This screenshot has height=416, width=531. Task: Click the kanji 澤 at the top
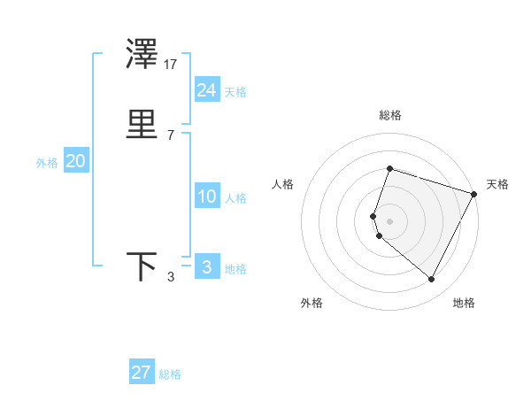[x=142, y=55]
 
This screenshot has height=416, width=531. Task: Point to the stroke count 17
[x=172, y=65]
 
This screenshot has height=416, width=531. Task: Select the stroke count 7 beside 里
[x=170, y=135]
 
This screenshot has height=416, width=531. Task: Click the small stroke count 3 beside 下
[x=170, y=277]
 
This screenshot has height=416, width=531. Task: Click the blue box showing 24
[x=206, y=90]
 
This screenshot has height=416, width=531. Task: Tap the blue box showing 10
[x=206, y=196]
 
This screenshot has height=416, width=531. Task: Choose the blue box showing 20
[x=75, y=161]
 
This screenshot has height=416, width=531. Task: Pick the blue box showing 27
[x=141, y=372]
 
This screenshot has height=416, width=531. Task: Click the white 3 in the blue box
[x=206, y=266]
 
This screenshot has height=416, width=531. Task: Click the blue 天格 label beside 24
[x=235, y=92]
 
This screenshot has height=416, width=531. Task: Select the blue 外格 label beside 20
[x=47, y=163]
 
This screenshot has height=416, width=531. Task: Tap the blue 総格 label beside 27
[x=170, y=374]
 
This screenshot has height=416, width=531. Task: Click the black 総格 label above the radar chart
[x=389, y=116]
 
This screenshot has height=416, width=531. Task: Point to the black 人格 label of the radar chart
[x=283, y=184]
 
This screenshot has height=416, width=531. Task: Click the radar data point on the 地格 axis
[x=432, y=280]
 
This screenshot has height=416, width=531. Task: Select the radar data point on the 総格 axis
[x=389, y=169]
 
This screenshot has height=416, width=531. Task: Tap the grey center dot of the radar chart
[x=389, y=220]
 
